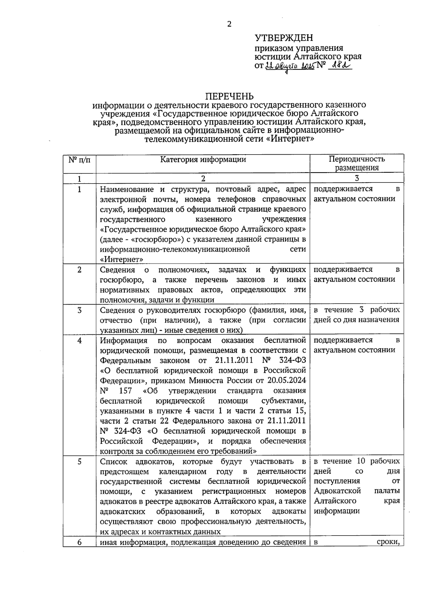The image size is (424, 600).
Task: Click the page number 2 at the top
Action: coord(229,24)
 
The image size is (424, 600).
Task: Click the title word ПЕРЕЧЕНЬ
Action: coord(230,96)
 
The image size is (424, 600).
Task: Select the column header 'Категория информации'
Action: coord(203,160)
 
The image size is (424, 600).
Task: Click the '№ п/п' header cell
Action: coord(79,160)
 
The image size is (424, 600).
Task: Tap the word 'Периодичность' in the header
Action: coord(357,159)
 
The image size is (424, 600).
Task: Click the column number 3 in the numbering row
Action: coord(357,178)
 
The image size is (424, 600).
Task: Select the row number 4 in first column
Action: coord(79,340)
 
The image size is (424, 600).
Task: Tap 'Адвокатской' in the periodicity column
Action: coord(337,491)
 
